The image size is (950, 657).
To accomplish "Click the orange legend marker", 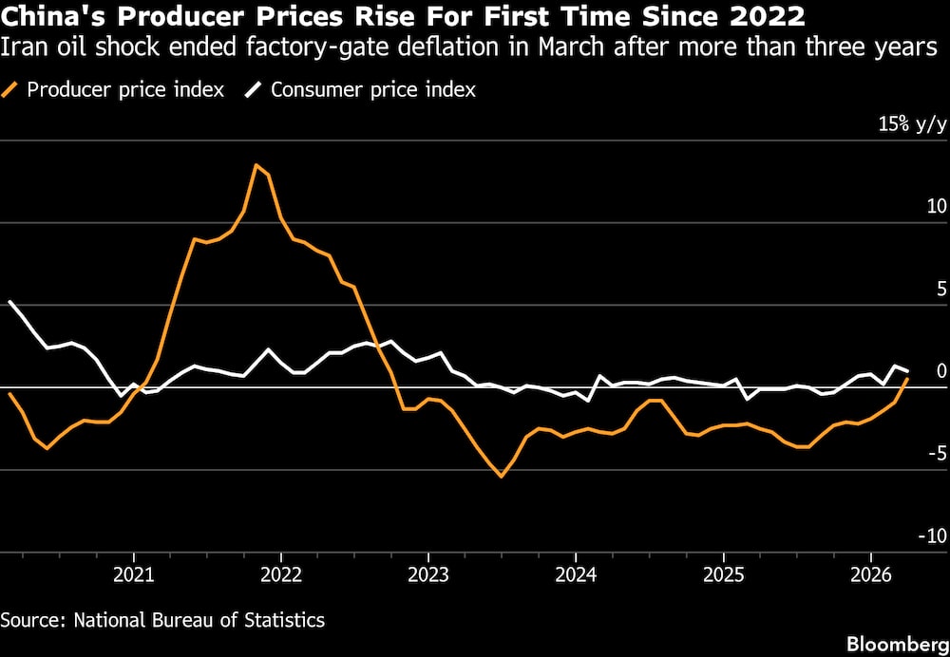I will tap(12, 90).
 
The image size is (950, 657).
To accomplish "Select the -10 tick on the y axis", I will tap(930, 536).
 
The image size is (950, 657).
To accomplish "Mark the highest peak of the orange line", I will tap(256, 165).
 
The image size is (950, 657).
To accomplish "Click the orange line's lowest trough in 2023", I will tap(502, 476).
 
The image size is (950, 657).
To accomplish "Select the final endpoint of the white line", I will tap(907, 370).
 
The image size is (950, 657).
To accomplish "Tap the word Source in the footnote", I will tap(29, 620).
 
